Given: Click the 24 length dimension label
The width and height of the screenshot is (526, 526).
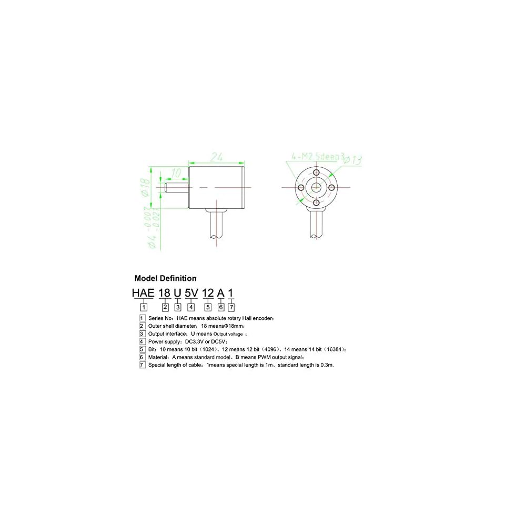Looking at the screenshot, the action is point(218,157).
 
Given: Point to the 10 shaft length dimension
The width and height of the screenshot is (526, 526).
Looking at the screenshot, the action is point(176,173).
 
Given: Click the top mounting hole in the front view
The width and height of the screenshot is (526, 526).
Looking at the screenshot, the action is point(316,174).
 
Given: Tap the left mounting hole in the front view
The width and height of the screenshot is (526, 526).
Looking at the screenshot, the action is point(301,188).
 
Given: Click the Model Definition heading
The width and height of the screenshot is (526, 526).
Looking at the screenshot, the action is point(165,279).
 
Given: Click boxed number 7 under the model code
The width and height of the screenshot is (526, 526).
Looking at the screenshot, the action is point(231,307).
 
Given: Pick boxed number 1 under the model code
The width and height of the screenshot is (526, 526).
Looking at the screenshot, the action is point(143,307).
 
